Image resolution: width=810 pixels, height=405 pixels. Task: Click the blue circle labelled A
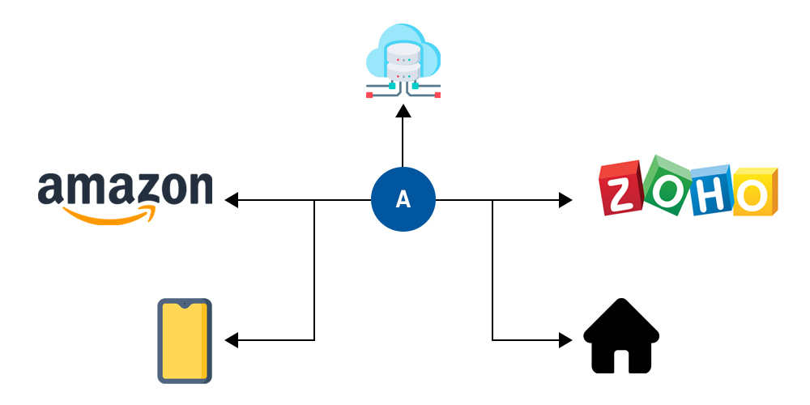[x=403, y=200]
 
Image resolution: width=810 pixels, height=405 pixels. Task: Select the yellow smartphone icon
[x=185, y=340]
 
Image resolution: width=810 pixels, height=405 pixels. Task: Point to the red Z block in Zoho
[x=620, y=190]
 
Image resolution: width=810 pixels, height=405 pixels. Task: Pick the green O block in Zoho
[x=667, y=185]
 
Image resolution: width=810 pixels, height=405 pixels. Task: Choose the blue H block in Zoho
[x=711, y=191]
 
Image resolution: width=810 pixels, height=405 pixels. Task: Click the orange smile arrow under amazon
[x=109, y=215]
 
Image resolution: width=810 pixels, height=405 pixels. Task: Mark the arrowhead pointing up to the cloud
[x=403, y=111]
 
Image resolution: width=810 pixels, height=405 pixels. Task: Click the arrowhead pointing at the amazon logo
[x=232, y=200]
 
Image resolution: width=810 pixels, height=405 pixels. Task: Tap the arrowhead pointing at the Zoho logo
[x=565, y=200]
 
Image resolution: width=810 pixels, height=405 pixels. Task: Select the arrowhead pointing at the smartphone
[x=232, y=340]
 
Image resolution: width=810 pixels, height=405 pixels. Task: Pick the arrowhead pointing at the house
[x=565, y=340]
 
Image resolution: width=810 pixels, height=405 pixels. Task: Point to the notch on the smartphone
[x=185, y=305]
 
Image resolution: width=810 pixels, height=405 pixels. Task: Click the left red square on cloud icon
[x=369, y=95]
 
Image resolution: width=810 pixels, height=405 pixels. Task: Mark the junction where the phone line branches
[x=314, y=200]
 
